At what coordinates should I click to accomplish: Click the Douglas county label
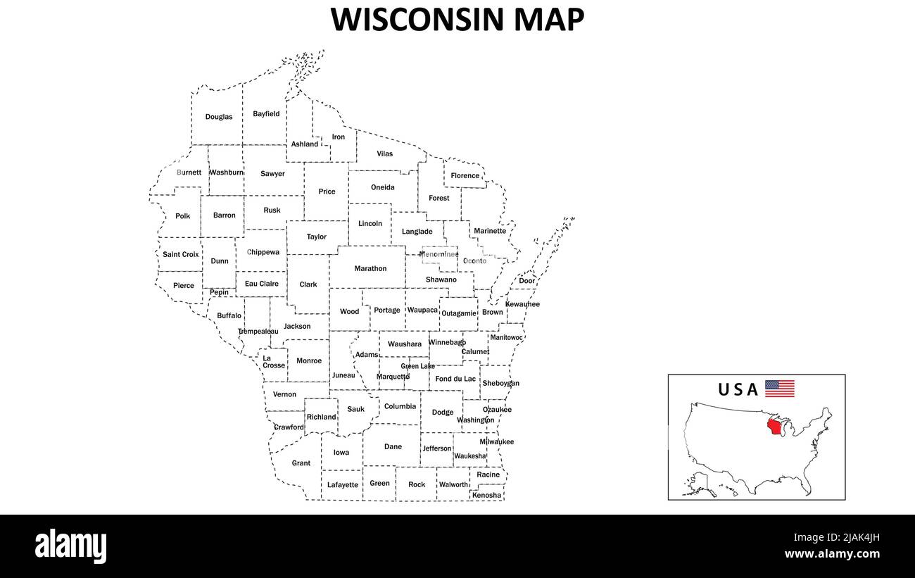[x=219, y=117]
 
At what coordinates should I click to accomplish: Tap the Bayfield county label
[x=266, y=114]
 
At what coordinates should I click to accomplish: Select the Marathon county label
[x=370, y=268]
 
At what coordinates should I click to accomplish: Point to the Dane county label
[x=393, y=446]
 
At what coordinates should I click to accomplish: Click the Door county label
[x=527, y=281]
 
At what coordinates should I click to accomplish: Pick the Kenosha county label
[x=487, y=495]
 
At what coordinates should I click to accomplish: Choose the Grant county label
[x=301, y=463]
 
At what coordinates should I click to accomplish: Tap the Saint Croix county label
[x=181, y=254]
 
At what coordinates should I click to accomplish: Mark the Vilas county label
[x=385, y=153]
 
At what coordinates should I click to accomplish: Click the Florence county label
[x=465, y=175]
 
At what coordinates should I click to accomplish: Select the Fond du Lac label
[x=455, y=379]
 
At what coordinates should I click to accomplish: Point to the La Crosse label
[x=273, y=362]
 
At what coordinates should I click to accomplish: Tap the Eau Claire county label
[x=262, y=284]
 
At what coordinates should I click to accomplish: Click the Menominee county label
[x=438, y=254]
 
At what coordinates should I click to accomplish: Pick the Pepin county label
[x=219, y=292]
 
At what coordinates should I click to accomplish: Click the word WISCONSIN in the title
[x=417, y=19]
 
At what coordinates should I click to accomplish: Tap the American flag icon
[x=780, y=389]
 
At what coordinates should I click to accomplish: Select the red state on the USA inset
[x=776, y=427]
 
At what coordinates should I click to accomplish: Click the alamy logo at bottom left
[x=71, y=546]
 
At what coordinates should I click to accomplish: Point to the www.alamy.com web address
[x=832, y=554]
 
